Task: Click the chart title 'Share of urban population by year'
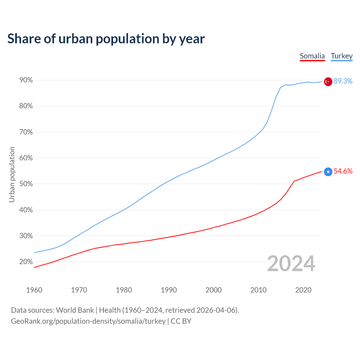106,39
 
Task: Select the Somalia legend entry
312,56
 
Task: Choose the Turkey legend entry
341,56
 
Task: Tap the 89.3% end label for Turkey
343,81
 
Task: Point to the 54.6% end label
343,171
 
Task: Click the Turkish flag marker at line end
328,82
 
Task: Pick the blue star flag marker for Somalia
328,172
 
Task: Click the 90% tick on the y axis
26,80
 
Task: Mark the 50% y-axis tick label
26,184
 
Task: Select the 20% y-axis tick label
26,262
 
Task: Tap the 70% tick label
26,132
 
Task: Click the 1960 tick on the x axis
34,290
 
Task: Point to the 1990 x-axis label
169,290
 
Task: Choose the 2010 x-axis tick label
258,290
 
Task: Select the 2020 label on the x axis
303,290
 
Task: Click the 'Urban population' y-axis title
12,174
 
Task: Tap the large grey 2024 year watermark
291,264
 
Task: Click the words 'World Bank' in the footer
75,310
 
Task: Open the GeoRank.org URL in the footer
88,321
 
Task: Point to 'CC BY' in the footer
181,321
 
